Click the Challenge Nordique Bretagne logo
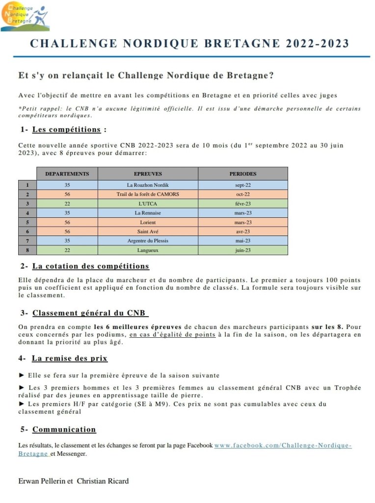(25, 16)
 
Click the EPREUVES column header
(148, 174)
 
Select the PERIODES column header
(242, 174)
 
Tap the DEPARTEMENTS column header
(67, 174)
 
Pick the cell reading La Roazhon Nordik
(148, 185)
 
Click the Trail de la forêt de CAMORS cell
(148, 194)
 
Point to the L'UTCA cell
(148, 204)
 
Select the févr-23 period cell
(242, 204)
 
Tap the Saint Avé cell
(148, 232)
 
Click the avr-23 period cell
(242, 232)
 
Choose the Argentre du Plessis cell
(148, 241)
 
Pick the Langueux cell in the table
(148, 250)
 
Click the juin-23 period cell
(242, 250)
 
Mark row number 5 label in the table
(27, 222)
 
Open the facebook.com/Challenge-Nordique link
(283, 445)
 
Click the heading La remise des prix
(70, 358)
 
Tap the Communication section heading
(64, 429)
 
